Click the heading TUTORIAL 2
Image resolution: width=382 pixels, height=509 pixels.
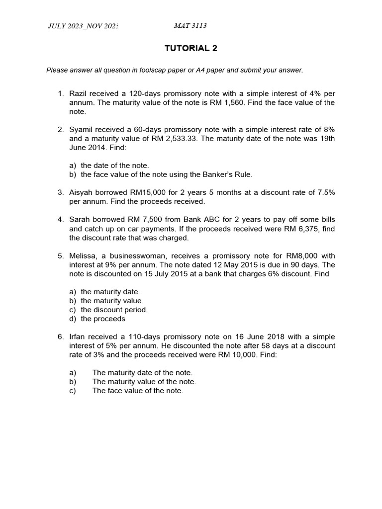(x=191, y=48)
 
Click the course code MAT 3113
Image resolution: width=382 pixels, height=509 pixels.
(x=190, y=26)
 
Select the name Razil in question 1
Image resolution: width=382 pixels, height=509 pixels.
(x=79, y=93)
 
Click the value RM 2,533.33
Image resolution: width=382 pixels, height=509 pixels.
(x=172, y=139)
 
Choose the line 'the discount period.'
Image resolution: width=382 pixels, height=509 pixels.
(x=114, y=310)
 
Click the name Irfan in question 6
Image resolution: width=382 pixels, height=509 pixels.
(x=78, y=337)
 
